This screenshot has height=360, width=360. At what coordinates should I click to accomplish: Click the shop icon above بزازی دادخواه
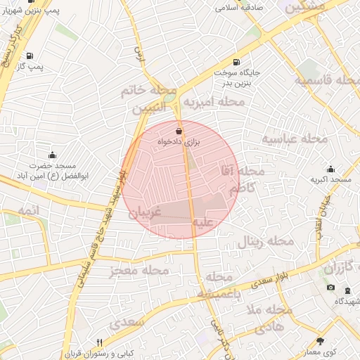coord(177,131)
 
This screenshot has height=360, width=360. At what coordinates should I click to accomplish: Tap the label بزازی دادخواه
coord(179,141)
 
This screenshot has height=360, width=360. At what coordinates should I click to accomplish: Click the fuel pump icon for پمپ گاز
coord(29,56)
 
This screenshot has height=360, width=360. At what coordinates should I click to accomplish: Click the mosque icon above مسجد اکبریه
coord(330,169)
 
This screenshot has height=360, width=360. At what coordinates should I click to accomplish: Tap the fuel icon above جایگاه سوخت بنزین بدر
coord(236,61)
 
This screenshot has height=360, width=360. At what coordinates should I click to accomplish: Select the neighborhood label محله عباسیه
coord(295,138)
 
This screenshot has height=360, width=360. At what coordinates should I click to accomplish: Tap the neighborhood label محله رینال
coord(264,241)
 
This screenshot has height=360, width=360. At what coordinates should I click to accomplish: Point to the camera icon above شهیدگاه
coord(331,288)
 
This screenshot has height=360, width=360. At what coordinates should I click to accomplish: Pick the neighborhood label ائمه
coord(30,210)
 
